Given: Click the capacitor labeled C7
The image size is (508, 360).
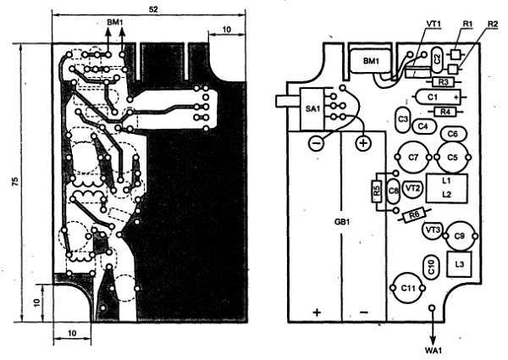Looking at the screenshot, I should (412, 158).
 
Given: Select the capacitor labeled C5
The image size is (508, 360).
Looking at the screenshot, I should (452, 158).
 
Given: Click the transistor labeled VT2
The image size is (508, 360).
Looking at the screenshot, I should (413, 188).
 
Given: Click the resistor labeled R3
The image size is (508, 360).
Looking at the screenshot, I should (442, 83).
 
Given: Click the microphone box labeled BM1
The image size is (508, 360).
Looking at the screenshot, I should (371, 62).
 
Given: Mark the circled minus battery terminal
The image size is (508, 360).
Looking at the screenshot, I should (316, 143).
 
